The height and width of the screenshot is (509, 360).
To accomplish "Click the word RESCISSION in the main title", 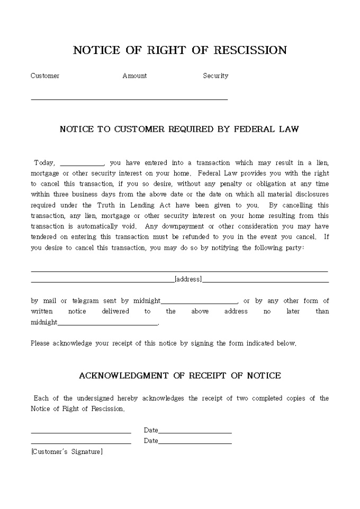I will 250,50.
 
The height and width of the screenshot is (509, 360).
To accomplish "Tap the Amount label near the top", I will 134,76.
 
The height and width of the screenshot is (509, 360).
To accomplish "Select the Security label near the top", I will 215,76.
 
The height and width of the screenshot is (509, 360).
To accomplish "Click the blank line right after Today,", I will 82,163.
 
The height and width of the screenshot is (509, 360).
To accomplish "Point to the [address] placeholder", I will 188,279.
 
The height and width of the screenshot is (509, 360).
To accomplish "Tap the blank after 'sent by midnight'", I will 199,302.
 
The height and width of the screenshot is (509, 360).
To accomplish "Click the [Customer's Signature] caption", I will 67,451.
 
